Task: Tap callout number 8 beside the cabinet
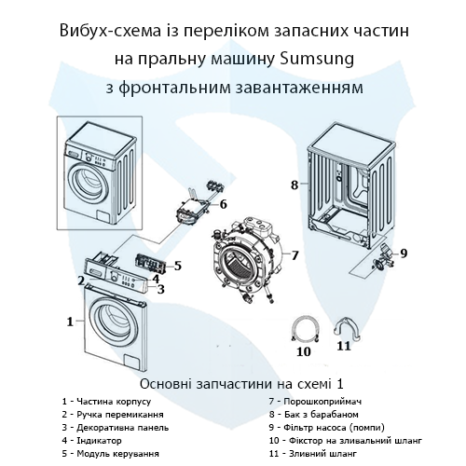click(x=295, y=185)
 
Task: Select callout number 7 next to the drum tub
click(x=295, y=254)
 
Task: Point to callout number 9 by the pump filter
click(x=404, y=253)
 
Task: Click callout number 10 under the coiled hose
click(x=303, y=351)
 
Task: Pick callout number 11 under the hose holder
click(x=343, y=346)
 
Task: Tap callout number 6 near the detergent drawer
click(x=223, y=203)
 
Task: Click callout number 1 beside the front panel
click(x=69, y=322)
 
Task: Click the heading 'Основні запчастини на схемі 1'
click(x=233, y=383)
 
